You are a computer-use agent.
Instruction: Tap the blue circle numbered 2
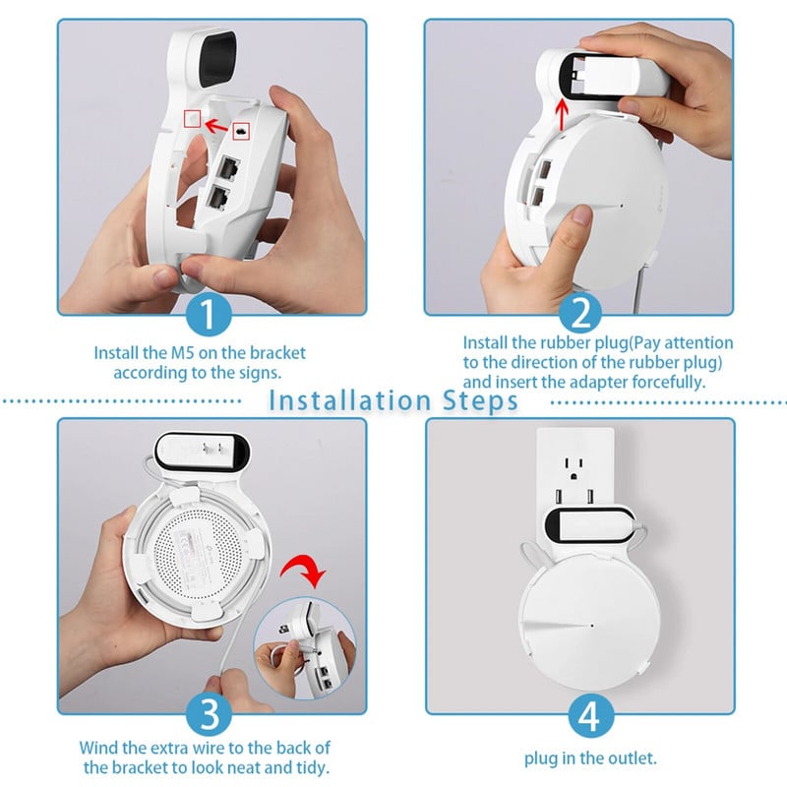click(580, 313)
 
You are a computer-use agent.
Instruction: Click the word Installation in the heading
click(349, 400)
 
